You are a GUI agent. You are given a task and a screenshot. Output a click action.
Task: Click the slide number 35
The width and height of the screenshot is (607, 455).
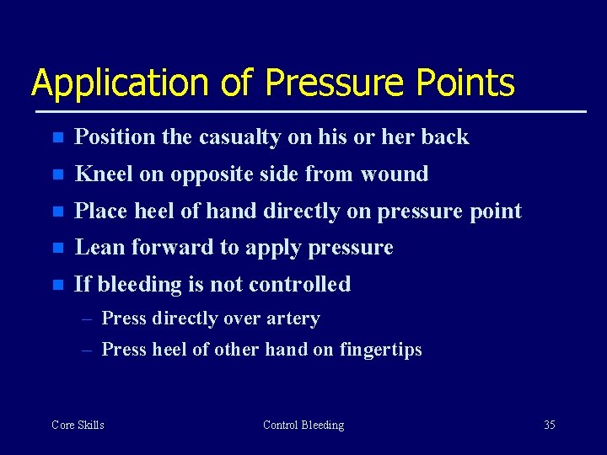[x=549, y=425]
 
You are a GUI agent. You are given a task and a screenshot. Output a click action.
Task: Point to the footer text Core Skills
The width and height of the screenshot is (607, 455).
[x=78, y=425]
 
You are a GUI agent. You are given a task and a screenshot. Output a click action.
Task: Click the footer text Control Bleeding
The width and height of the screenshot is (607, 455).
[x=303, y=425]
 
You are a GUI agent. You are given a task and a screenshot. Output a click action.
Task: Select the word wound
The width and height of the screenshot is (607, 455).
[x=395, y=174]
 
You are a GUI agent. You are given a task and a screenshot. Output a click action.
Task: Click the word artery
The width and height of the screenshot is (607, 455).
[x=296, y=318]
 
